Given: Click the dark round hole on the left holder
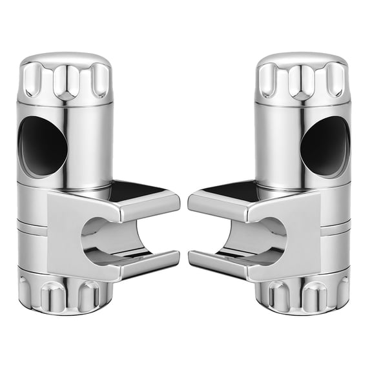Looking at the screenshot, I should coord(43,146).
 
